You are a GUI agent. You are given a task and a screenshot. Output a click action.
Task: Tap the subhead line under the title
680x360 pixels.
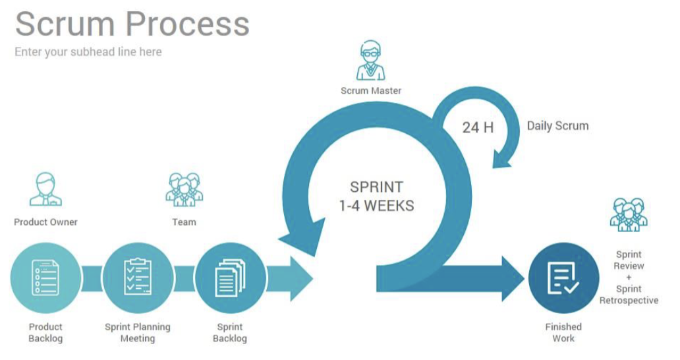tap(88, 51)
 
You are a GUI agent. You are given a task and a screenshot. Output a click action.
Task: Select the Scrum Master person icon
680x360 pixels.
tap(370, 61)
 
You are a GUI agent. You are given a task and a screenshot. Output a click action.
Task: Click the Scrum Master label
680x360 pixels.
tap(370, 91)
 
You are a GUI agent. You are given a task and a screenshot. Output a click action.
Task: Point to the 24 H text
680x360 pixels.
tap(478, 127)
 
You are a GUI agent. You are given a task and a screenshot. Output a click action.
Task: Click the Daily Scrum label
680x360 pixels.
tap(557, 125)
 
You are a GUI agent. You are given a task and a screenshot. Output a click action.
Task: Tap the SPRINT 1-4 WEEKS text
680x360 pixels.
tap(377, 196)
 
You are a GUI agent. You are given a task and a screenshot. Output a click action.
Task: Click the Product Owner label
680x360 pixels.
tap(45, 222)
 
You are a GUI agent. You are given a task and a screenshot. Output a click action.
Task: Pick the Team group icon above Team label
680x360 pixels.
tap(184, 189)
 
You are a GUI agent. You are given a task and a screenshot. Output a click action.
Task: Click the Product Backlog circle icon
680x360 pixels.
tap(45, 278)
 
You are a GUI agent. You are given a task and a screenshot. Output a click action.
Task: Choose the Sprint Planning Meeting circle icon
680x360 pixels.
tap(138, 278)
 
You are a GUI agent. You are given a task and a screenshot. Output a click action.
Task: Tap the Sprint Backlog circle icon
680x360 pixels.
tap(230, 278)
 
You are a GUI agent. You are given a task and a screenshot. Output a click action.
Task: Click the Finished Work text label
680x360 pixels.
tap(563, 332)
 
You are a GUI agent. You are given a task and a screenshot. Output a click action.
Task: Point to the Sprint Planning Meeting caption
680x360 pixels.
tap(138, 332)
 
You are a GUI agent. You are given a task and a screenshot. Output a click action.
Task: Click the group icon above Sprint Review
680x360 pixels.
tap(629, 214)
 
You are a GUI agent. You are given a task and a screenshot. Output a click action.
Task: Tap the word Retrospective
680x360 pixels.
tap(629, 301)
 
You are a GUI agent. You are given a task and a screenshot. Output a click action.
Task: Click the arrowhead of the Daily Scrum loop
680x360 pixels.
tap(505, 158)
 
